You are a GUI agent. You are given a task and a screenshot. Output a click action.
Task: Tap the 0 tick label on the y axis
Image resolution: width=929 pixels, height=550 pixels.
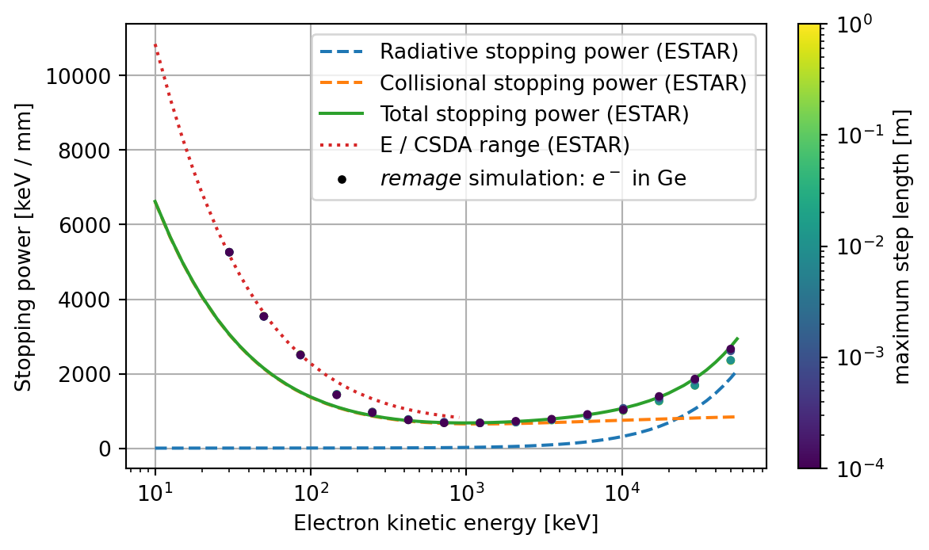click(x=109, y=449)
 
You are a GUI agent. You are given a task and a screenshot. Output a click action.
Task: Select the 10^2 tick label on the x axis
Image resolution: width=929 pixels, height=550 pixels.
click(x=311, y=492)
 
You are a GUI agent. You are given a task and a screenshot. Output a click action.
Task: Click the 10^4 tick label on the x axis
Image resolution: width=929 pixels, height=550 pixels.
click(x=621, y=492)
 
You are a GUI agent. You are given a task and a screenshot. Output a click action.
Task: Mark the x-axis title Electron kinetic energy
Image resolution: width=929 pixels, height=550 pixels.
click(x=445, y=524)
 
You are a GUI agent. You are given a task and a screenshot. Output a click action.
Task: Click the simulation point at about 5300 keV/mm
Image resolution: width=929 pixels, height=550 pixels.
click(x=229, y=252)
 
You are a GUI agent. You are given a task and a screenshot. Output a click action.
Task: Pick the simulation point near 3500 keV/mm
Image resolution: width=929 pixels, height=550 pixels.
click(x=264, y=316)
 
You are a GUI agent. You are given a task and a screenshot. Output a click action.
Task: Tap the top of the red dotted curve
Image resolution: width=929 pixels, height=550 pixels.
click(x=155, y=45)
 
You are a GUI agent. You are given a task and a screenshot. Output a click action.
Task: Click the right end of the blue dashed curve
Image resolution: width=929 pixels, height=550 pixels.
click(x=736, y=372)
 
